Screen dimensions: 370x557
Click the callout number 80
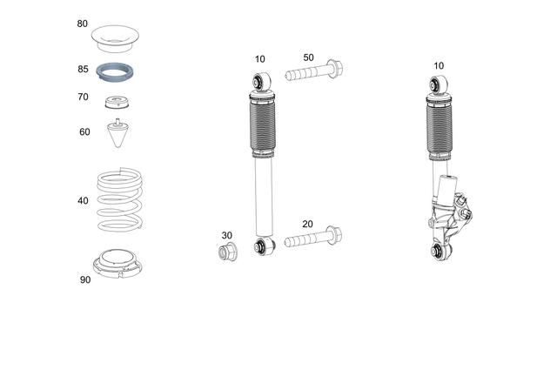83,24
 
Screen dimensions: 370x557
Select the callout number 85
83,68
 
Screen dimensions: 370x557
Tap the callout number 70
83,98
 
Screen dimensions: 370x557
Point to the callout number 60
84,132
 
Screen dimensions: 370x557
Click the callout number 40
83,200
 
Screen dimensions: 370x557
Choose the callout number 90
84,279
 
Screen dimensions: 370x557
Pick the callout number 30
227,235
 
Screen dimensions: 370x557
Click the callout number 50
308,57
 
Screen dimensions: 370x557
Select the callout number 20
307,224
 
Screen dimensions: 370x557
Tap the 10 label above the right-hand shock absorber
438,65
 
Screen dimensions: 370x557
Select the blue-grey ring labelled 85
117,71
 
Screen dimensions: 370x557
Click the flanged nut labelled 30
228,253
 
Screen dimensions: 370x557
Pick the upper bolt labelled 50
314,72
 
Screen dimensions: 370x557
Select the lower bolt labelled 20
314,239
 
